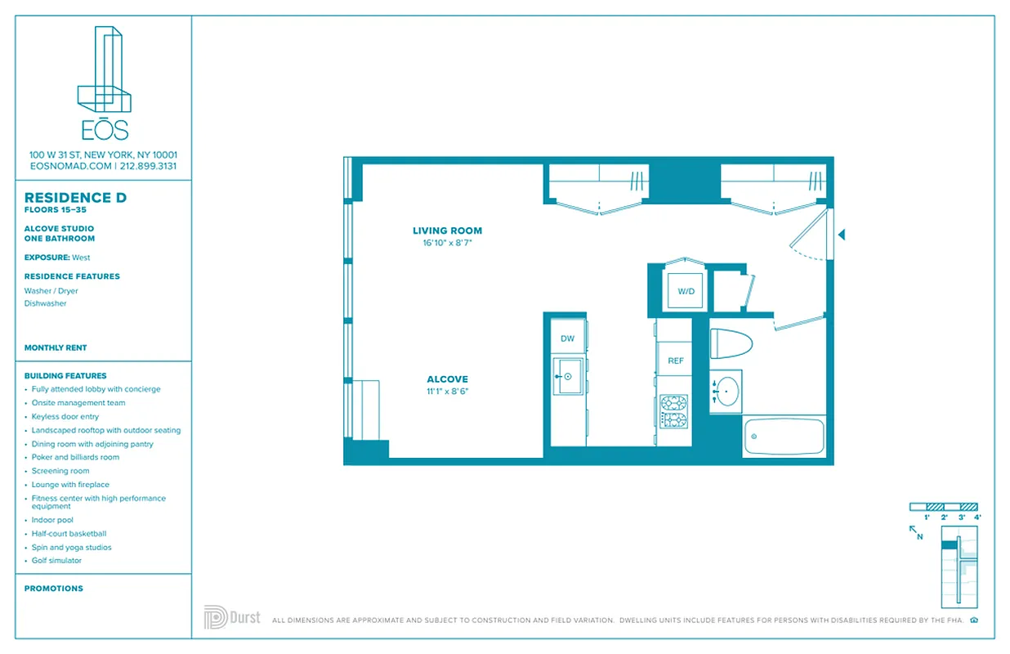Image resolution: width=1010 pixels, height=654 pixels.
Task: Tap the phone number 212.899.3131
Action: coord(148,166)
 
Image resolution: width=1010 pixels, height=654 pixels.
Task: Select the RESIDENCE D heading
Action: coord(75,198)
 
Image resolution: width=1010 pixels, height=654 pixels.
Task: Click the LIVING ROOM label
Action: coord(447,231)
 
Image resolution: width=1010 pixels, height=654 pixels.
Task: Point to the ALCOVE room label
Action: coord(447,379)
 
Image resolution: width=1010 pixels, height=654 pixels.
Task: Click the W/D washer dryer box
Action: coord(686,290)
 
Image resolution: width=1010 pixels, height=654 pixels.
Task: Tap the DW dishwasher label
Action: coord(567,338)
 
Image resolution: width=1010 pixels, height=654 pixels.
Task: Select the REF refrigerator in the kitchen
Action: coord(675,361)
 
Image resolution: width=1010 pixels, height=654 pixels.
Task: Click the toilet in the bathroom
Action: coord(730,343)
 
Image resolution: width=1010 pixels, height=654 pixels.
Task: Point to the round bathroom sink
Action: coord(727,392)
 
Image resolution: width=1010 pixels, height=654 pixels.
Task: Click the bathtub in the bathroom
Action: coord(784,437)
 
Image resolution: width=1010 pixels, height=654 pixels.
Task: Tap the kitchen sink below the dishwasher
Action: coord(568,376)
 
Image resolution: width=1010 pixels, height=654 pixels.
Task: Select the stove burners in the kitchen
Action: coord(674,411)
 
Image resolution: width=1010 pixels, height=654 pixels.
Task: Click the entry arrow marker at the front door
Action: coord(841,235)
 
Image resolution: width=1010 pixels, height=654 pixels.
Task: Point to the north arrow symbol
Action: coord(916,532)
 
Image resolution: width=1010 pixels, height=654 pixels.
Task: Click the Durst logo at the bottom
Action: coord(232,617)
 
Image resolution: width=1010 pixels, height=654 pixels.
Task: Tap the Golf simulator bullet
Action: coord(56,561)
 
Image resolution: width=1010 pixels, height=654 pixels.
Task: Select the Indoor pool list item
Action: coord(52,520)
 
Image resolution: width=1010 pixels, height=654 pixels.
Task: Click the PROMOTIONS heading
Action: coord(54,589)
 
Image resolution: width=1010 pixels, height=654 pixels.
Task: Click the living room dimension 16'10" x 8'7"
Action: coord(447,243)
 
